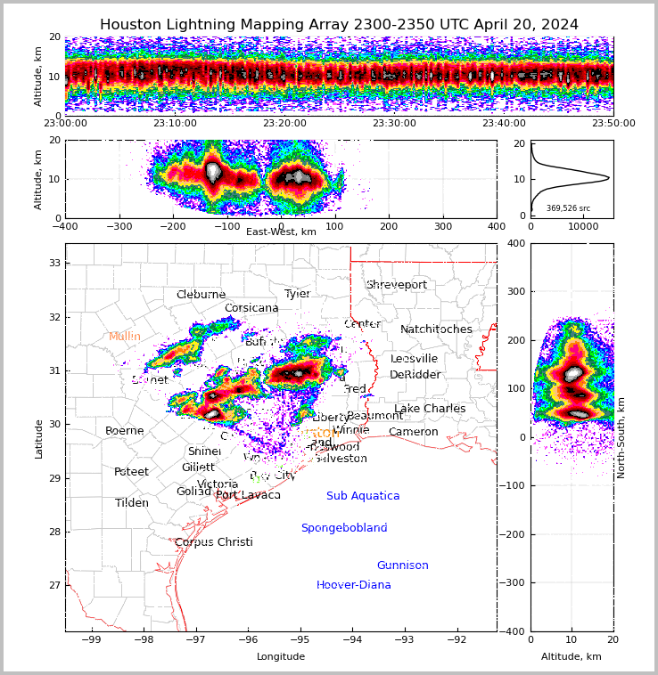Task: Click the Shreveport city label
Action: [x=397, y=285]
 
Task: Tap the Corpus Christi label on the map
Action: [x=214, y=542]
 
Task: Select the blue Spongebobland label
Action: [x=344, y=528]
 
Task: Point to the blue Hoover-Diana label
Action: [x=354, y=585]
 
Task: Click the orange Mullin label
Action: [x=125, y=337]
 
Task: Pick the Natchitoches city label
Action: [x=436, y=329]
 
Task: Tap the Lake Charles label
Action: [x=430, y=409]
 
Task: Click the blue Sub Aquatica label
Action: [x=363, y=496]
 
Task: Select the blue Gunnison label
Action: [x=402, y=565]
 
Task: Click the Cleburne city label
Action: [x=201, y=295]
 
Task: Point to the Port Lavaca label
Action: [x=248, y=495]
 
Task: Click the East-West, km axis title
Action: [x=281, y=232]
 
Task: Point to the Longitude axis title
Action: [x=281, y=656]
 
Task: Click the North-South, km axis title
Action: [x=621, y=437]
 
